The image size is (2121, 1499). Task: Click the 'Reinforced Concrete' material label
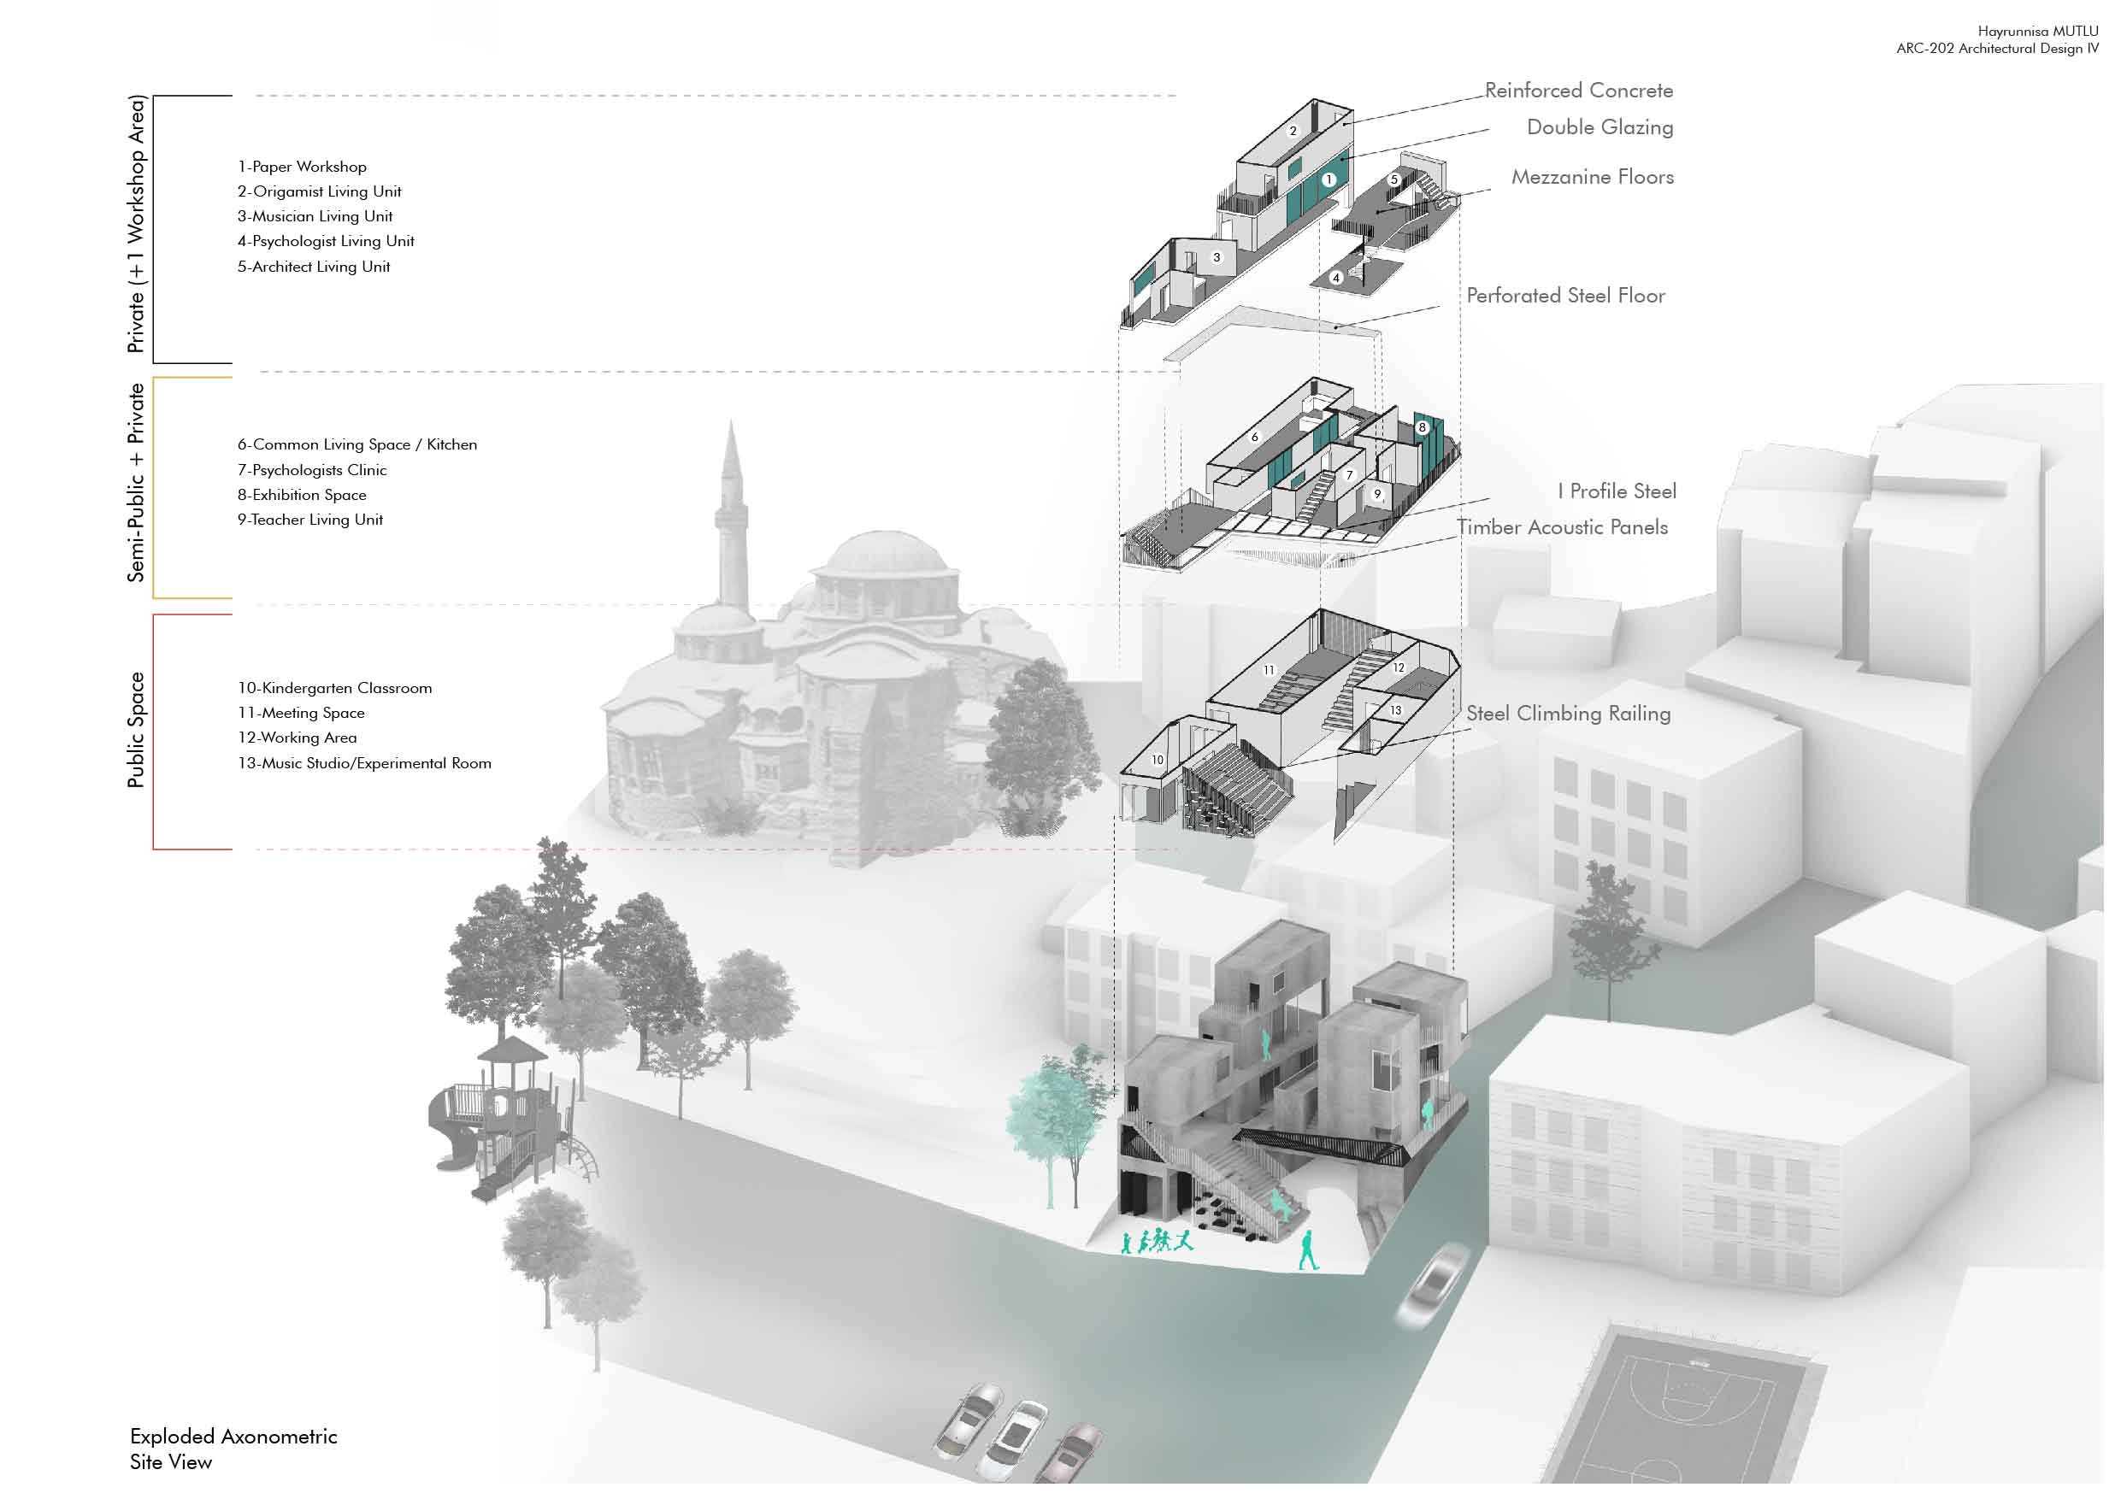[x=1578, y=91]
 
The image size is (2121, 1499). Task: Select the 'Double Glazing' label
[x=1599, y=127]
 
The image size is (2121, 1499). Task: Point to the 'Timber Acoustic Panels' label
[x=1561, y=527]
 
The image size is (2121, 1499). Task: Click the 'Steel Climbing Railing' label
[x=1568, y=713]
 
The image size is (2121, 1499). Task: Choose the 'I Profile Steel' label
[x=1616, y=491]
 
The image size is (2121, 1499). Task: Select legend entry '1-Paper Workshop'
[x=302, y=168]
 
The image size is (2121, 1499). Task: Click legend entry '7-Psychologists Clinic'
[x=311, y=470]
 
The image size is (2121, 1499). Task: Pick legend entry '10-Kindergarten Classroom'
[x=334, y=688]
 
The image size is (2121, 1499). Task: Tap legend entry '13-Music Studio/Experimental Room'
[x=364, y=763]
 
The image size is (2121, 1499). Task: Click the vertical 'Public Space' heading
[x=137, y=730]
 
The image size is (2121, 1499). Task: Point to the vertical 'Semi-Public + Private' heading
[x=137, y=482]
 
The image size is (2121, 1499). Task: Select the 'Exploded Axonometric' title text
[x=233, y=1437]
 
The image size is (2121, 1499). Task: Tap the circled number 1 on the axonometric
[x=1329, y=180]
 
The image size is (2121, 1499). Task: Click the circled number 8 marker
[x=1423, y=426]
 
